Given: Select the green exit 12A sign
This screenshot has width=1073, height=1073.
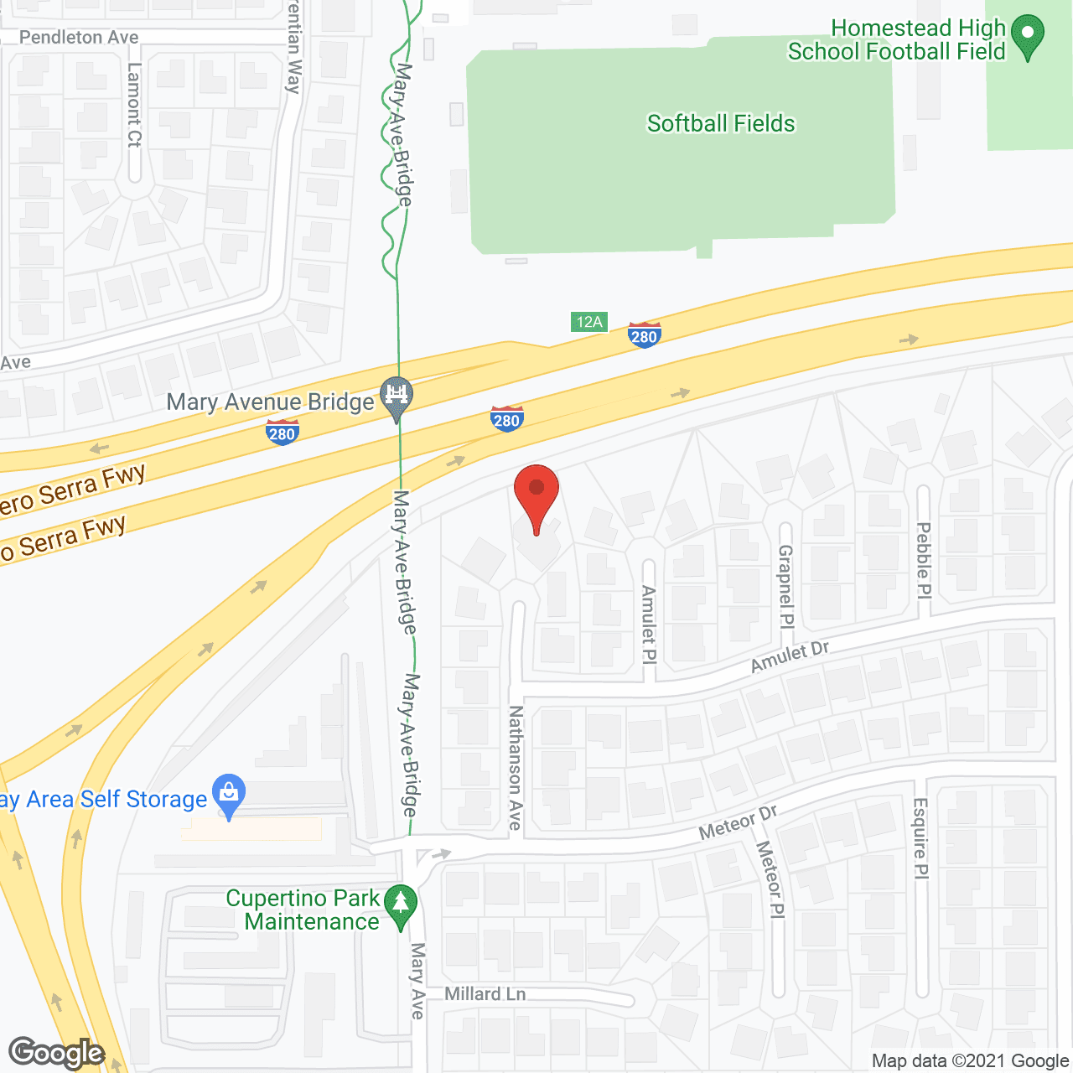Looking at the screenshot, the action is point(589,322).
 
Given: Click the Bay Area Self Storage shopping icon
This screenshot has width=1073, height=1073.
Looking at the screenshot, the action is point(229,794).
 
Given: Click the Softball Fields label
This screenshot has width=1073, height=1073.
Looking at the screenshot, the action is point(721,124).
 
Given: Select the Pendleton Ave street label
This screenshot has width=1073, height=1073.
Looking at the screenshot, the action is point(79,38).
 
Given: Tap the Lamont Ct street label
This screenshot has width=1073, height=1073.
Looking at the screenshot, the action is point(135,106).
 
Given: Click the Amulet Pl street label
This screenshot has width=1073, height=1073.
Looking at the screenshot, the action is point(648,625).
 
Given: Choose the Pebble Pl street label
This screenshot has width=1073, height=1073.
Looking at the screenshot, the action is point(924,560).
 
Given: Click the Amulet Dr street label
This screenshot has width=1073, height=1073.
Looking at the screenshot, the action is point(790,656).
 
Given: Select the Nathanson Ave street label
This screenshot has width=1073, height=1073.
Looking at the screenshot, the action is point(516,767).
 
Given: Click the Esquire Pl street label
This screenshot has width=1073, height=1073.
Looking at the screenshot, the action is point(920,838).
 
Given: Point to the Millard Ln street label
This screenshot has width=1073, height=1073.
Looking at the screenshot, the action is point(485,994).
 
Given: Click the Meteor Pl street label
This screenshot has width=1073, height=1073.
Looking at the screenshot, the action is point(770,880).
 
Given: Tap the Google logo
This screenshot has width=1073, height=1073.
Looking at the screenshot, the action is point(57,1053).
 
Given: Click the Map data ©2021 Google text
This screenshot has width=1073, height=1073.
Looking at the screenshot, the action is point(970,1061).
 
